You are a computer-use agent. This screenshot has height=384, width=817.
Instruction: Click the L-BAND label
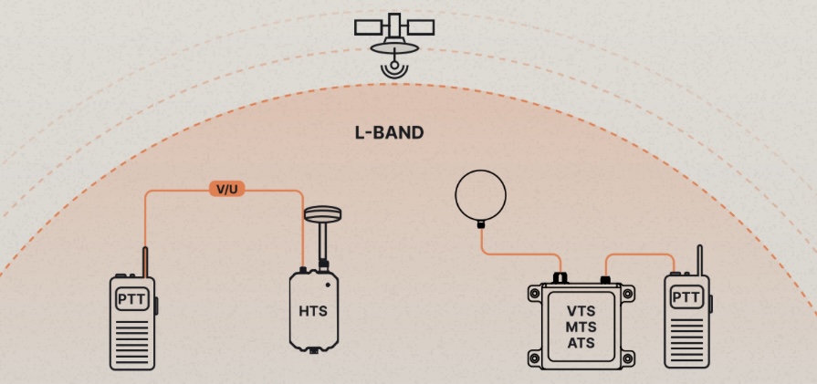click(x=389, y=132)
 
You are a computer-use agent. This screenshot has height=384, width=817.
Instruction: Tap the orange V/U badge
click(x=226, y=190)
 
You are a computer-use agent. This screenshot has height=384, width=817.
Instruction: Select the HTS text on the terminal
click(x=313, y=311)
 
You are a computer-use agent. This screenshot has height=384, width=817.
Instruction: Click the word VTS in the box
click(x=581, y=311)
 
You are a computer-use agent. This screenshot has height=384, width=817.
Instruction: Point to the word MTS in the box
click(x=581, y=327)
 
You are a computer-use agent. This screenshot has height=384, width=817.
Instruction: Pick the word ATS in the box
click(x=581, y=344)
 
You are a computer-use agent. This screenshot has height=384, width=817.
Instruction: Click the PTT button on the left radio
click(x=132, y=300)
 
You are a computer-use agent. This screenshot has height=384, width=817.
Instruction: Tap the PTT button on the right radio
click(x=686, y=298)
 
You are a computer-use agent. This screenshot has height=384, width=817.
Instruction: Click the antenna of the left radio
click(x=145, y=262)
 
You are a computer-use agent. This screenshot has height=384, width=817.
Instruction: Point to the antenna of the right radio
click(x=700, y=260)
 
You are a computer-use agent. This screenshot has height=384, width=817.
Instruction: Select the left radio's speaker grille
click(x=132, y=341)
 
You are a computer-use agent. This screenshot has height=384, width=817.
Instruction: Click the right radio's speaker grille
click(x=686, y=340)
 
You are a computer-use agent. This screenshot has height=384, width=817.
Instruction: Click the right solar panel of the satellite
click(x=421, y=27)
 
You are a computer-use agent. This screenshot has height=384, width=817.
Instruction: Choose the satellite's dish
click(x=394, y=47)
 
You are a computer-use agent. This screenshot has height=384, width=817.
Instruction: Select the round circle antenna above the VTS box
click(x=480, y=195)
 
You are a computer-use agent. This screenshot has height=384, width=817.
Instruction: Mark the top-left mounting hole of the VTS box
click(x=534, y=294)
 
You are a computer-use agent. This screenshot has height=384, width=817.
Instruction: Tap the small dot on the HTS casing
click(x=328, y=285)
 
